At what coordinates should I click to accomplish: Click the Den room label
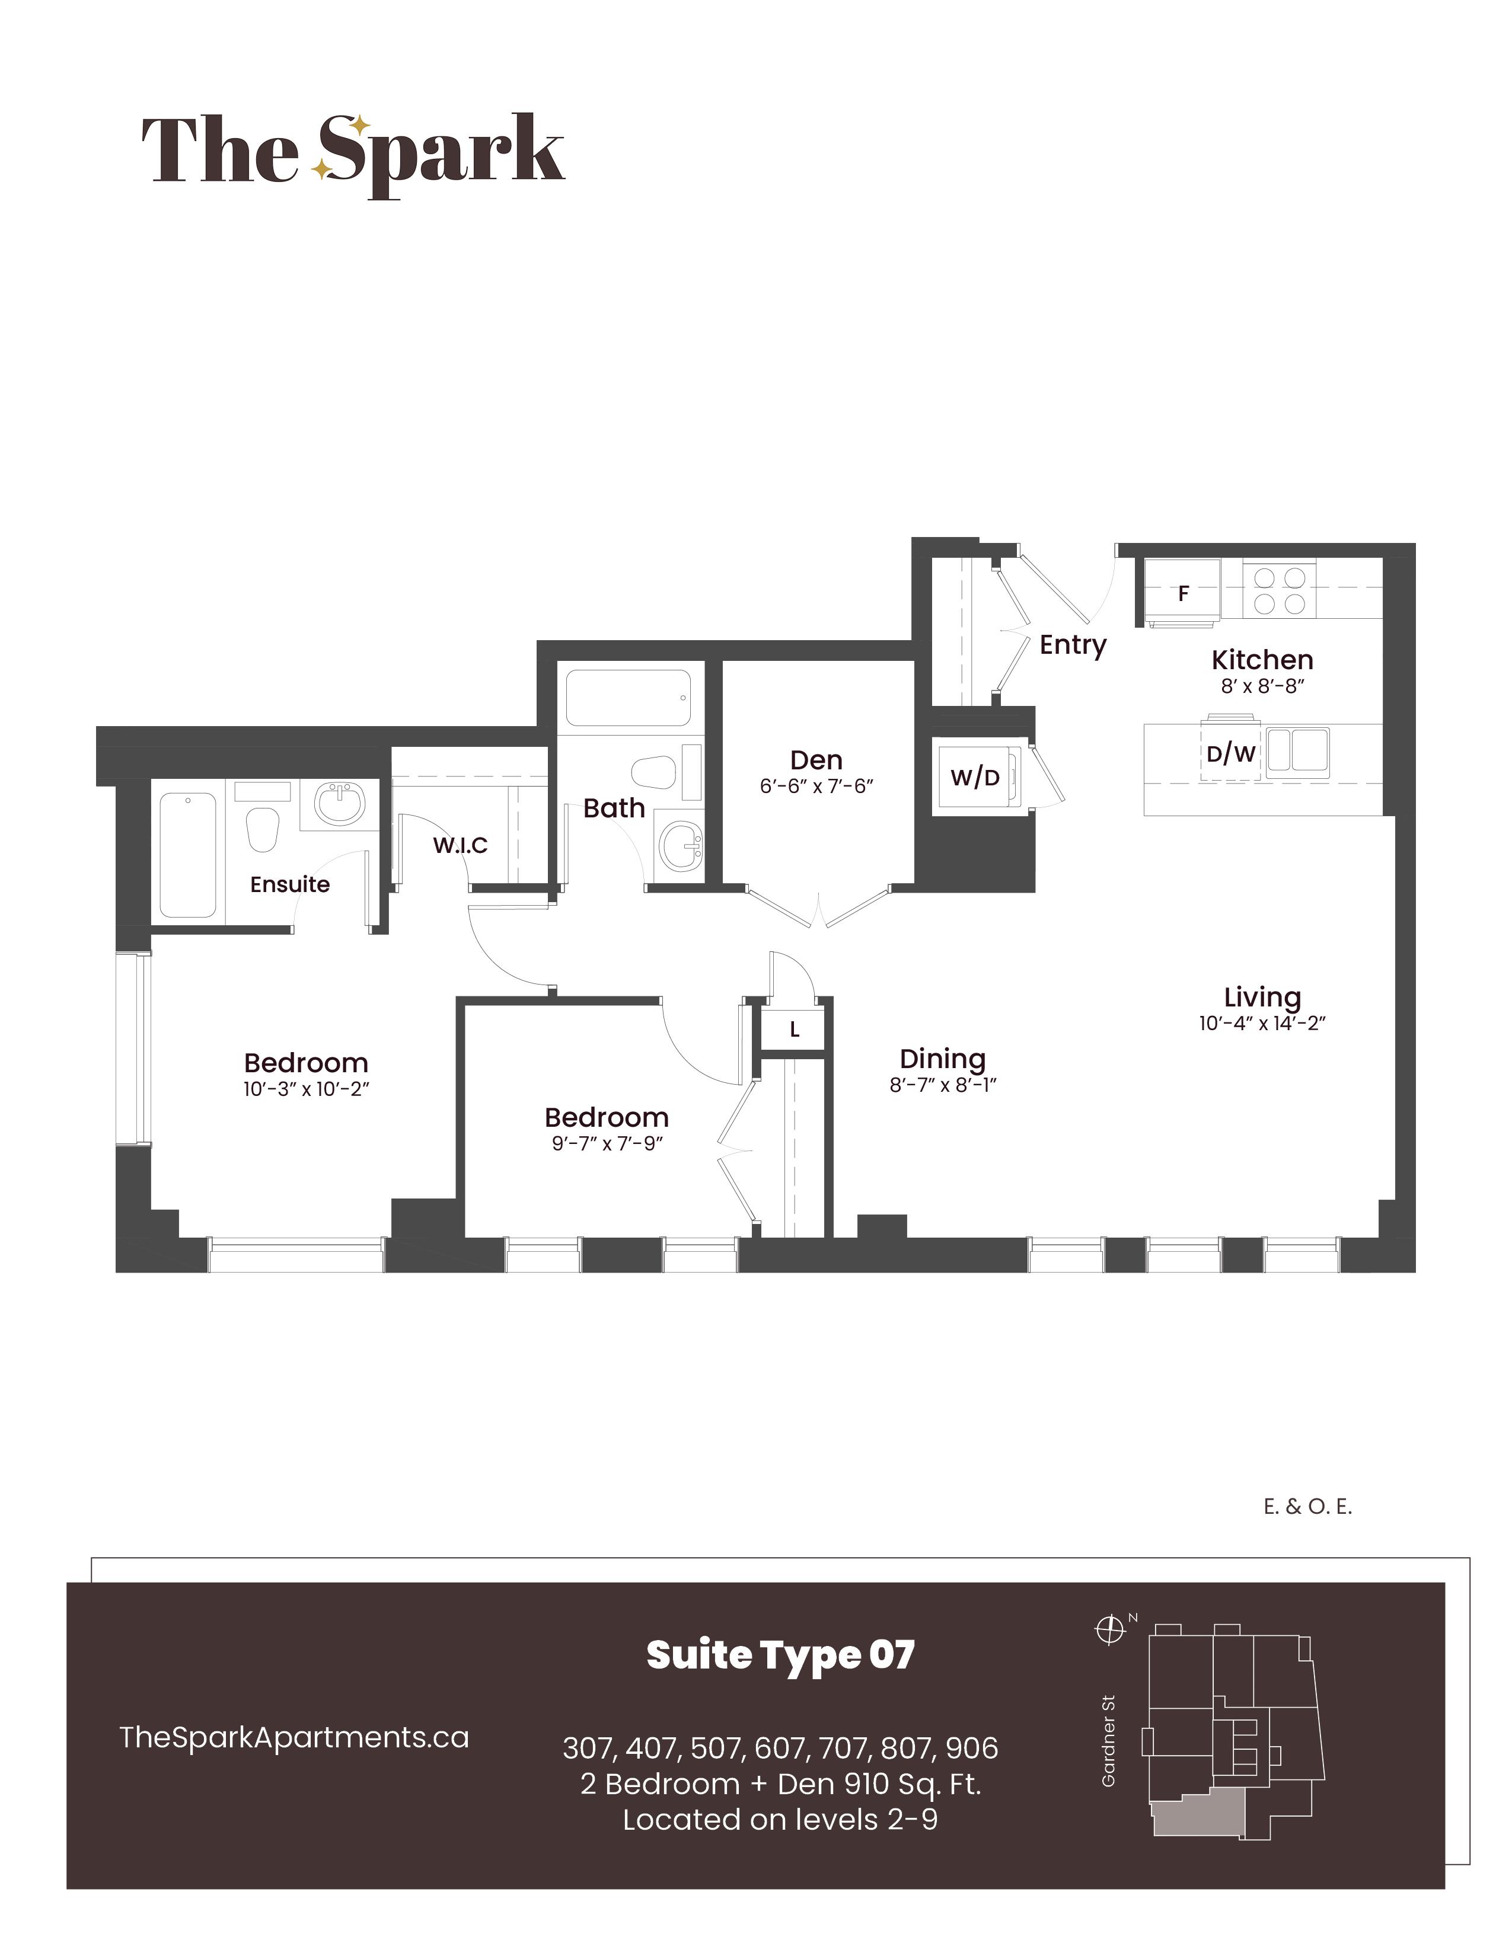click(816, 760)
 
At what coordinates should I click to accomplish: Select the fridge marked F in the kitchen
click(1182, 592)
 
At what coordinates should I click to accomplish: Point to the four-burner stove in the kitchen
click(1279, 590)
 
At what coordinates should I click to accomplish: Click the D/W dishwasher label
click(1231, 754)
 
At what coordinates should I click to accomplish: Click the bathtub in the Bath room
click(628, 698)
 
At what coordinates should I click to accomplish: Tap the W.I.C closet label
click(460, 845)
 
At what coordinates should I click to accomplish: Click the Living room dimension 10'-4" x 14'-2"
click(1262, 1024)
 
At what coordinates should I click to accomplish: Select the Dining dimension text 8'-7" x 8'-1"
click(943, 1085)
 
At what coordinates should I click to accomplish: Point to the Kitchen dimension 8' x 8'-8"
click(1262, 687)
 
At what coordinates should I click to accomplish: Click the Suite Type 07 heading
click(780, 1655)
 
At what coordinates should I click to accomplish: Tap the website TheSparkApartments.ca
click(294, 1737)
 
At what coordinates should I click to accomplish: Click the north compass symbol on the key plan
click(1110, 1630)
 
